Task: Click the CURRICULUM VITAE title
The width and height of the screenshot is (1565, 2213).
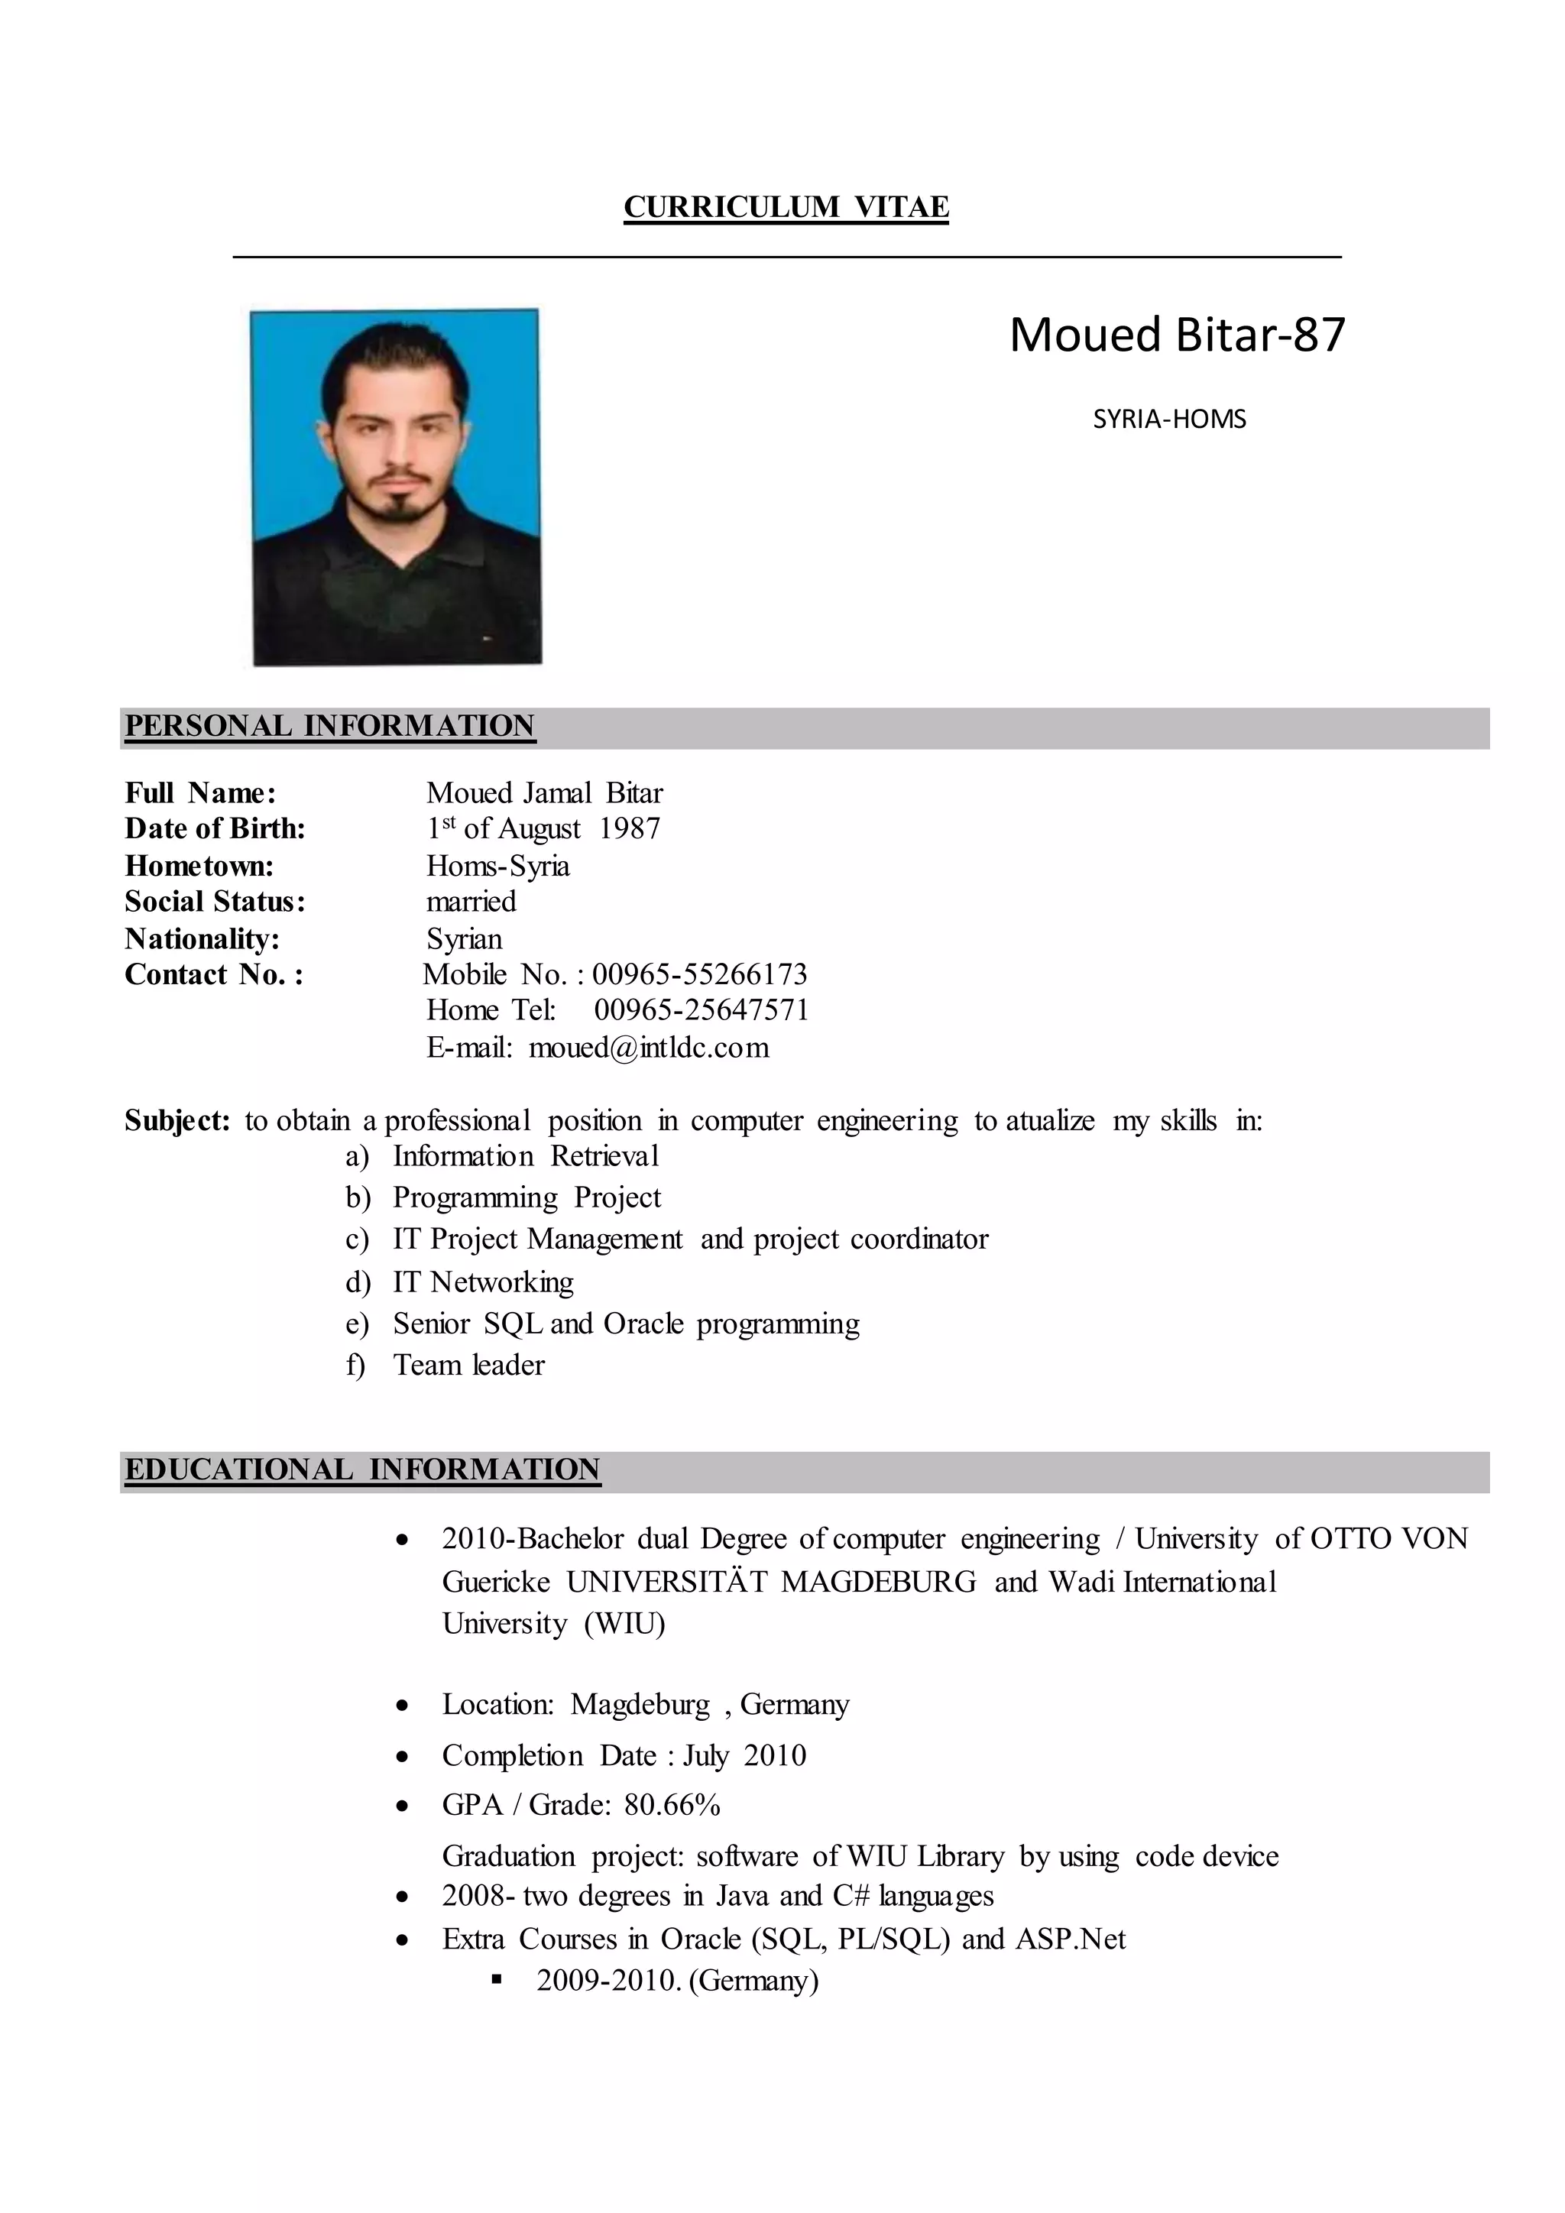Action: pos(786,207)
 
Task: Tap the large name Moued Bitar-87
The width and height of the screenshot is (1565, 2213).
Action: pos(1177,335)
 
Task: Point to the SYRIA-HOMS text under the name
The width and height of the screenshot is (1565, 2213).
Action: pos(1169,420)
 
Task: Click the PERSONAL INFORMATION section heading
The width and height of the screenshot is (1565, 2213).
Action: pos(329,726)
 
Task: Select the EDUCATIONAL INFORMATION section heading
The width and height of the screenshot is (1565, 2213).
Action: pos(362,1470)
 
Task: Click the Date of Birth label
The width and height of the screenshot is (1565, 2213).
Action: pos(215,829)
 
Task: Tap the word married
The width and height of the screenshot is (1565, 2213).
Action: pos(471,902)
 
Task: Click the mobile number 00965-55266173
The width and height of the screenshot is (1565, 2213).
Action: pos(700,974)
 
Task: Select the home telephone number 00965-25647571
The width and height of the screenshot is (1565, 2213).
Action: pos(701,1010)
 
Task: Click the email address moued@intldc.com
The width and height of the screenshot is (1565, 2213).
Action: pos(649,1048)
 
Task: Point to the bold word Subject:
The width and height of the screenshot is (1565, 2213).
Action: pos(177,1121)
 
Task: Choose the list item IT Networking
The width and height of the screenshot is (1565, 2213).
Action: pos(483,1282)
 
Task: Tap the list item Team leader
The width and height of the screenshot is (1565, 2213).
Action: pos(468,1366)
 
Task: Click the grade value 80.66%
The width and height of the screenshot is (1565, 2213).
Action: pos(672,1805)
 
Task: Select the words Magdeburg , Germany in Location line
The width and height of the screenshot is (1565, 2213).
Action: pos(710,1705)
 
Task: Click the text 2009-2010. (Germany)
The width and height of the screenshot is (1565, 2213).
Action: pos(678,1981)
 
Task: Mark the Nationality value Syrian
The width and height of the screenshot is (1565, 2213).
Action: pos(465,939)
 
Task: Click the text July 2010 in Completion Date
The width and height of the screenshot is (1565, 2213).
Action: pos(745,1755)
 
